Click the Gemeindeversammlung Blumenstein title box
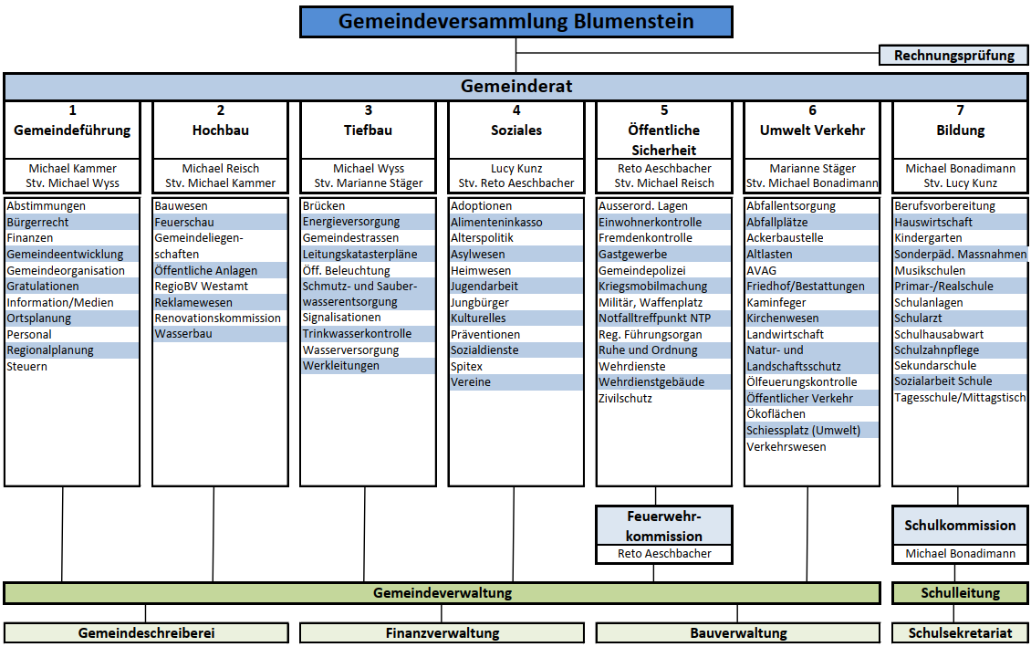(x=515, y=22)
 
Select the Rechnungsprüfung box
(x=953, y=56)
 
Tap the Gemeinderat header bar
(x=515, y=87)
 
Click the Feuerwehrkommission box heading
(x=663, y=526)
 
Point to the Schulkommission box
(x=960, y=526)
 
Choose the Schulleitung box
(x=960, y=593)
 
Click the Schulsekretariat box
(x=960, y=632)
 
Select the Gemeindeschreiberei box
(x=146, y=632)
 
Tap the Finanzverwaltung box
(x=443, y=632)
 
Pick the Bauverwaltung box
(x=737, y=632)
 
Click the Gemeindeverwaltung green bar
(x=443, y=593)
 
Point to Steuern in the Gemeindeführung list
(x=27, y=367)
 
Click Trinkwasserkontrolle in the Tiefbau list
(x=357, y=334)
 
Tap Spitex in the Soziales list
(x=467, y=367)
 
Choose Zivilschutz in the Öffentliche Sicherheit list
(x=625, y=399)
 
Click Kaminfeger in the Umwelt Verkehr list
(x=776, y=302)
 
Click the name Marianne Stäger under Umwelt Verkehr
(x=812, y=169)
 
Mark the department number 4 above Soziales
(x=516, y=110)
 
